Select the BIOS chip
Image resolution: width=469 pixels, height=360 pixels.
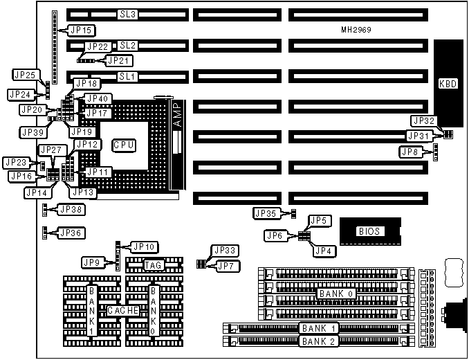[x=370, y=231]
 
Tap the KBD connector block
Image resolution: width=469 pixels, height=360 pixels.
[x=448, y=84]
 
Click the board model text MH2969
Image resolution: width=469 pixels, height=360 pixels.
[x=357, y=30]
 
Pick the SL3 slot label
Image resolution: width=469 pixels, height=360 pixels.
[x=127, y=14]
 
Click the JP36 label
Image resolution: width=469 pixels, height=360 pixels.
[x=71, y=233]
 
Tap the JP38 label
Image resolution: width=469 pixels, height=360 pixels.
[x=71, y=209]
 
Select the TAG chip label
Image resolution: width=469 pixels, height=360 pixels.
[x=153, y=265]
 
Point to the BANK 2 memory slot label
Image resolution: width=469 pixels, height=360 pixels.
[x=318, y=341]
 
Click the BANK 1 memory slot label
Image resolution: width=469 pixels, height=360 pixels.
[x=318, y=327]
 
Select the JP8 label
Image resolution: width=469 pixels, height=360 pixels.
[x=410, y=151]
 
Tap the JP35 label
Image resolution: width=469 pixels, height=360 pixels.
[x=266, y=213]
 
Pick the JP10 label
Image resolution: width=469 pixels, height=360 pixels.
[x=145, y=246]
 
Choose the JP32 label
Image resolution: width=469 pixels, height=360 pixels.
[x=422, y=120]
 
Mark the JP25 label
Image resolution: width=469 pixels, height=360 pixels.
[x=25, y=74]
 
